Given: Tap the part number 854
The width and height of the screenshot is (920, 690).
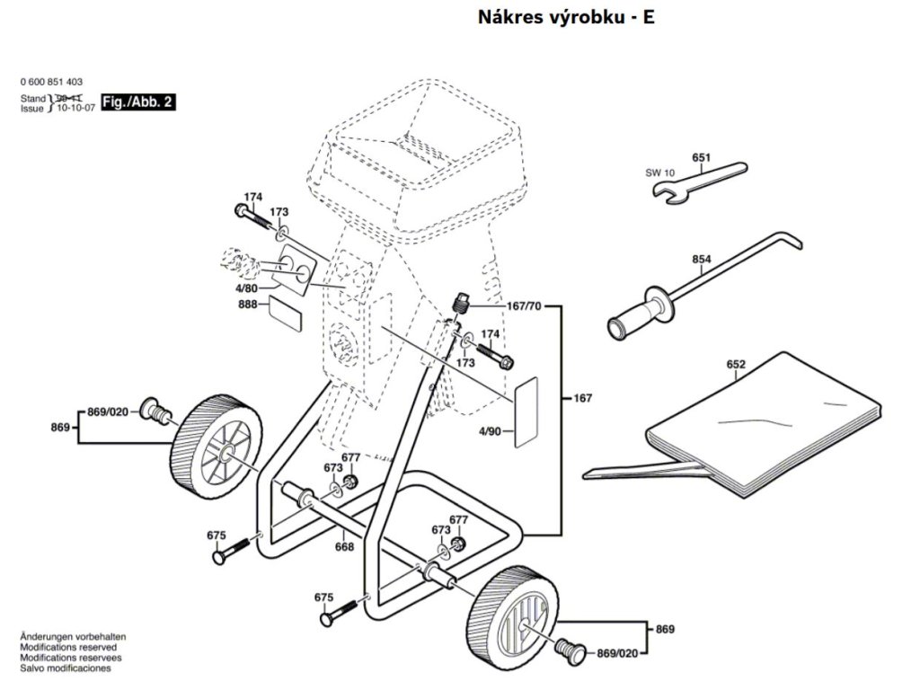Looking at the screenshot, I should pos(702,260).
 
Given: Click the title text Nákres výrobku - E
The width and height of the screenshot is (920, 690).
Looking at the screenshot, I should pos(565,17).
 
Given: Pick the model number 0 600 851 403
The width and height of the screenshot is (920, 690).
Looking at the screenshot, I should pos(58,81).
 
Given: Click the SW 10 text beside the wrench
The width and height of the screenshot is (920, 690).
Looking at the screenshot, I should pos(659,172).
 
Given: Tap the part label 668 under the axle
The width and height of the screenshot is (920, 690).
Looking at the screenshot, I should pos(344,546).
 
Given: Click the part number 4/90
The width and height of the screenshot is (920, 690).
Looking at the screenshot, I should pos(490,432).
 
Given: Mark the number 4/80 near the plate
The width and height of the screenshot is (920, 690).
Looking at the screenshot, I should pos(247,289).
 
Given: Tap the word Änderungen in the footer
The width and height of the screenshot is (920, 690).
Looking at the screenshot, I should pos(42,636).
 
